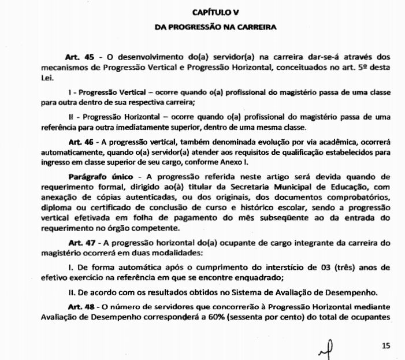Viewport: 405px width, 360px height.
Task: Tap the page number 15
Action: coord(387,345)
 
